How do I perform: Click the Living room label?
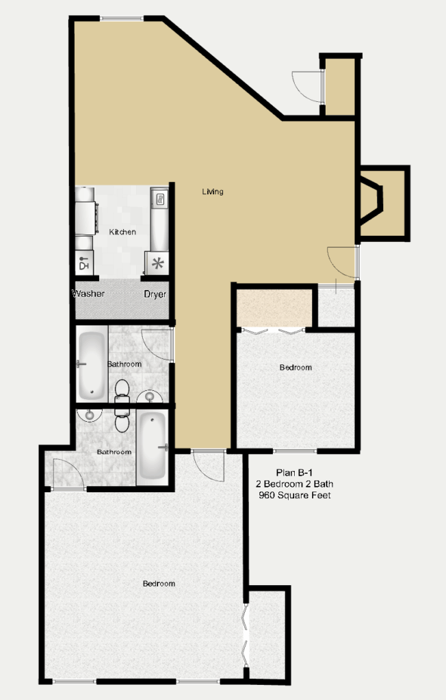point(212,191)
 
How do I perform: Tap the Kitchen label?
point(122,232)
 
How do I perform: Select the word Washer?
point(88,294)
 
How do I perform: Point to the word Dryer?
point(155,294)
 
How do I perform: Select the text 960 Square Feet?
point(295,495)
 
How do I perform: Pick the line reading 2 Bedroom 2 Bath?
point(295,484)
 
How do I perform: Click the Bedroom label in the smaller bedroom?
point(296,367)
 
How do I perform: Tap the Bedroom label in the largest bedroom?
point(159,584)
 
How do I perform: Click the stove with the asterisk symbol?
point(157,263)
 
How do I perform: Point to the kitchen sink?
point(159,199)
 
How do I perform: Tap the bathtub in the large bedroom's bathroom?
point(152,446)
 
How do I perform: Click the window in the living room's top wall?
point(121,18)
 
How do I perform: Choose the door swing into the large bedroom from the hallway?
point(208,466)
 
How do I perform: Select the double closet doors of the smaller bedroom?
point(272,331)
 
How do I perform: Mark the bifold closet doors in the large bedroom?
point(245,635)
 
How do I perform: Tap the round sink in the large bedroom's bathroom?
point(90,415)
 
